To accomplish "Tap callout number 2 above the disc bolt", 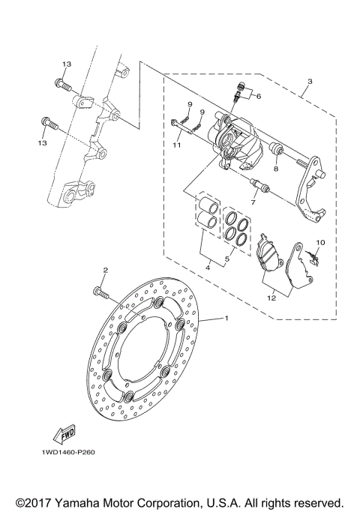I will [106, 271].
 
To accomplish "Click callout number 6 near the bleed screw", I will [259, 96].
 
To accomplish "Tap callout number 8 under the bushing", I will [276, 169].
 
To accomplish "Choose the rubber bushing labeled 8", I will [276, 148].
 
